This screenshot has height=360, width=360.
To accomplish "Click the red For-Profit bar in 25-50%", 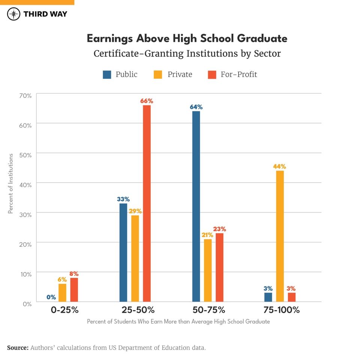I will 147,204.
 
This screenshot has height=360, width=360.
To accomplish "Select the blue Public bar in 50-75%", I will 196,207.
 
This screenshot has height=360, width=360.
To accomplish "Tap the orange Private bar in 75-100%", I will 280,236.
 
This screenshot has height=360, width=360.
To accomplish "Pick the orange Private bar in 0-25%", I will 62,293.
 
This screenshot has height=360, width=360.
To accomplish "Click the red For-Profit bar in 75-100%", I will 292,297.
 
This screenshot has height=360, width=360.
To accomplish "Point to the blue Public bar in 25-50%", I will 123,252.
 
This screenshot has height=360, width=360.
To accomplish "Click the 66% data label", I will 147,101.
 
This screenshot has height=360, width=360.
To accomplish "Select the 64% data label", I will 196,107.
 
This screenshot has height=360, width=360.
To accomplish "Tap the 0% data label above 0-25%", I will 51,297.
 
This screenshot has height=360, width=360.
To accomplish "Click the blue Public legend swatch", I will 107,75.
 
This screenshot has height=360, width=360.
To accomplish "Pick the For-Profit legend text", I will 238,74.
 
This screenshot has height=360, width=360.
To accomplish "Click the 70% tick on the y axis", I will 25,95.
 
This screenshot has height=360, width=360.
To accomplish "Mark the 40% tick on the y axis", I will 25,184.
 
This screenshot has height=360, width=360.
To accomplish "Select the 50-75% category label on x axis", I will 208,310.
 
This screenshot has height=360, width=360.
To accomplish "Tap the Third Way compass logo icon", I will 13,14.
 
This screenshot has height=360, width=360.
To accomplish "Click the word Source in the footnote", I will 18,348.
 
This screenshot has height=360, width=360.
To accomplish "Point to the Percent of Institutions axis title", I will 11,183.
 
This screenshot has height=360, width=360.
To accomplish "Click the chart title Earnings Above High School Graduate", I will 187,38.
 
